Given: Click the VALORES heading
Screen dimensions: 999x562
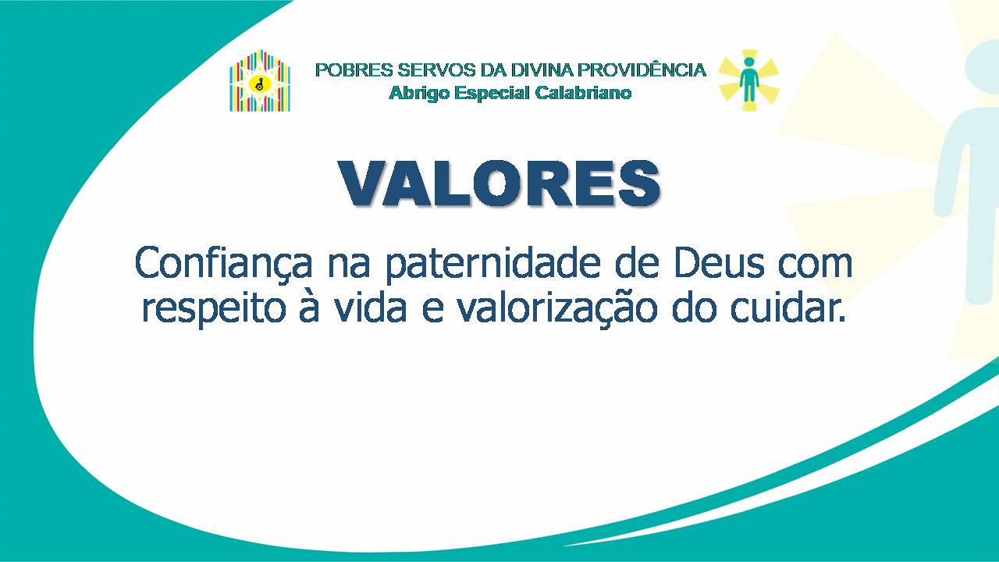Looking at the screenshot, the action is [499, 183].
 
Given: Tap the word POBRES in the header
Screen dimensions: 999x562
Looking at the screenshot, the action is [354, 70].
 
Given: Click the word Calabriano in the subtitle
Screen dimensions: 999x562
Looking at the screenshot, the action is [583, 93].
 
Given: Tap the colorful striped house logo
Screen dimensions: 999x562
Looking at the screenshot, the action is [260, 80].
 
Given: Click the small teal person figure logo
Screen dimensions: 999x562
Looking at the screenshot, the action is [748, 80].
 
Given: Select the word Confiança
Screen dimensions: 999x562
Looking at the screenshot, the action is [224, 264].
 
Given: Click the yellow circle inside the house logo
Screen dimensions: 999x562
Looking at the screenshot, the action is [259, 84].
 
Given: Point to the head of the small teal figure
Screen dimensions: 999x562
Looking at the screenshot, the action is [749, 62].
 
